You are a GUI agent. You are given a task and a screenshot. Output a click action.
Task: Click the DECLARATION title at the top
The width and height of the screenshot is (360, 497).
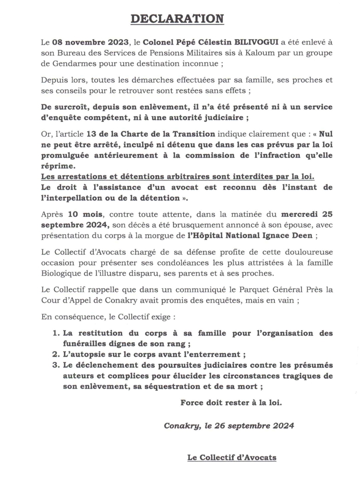[x=177, y=19]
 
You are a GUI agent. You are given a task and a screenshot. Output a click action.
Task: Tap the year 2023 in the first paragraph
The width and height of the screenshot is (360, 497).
[x=119, y=42]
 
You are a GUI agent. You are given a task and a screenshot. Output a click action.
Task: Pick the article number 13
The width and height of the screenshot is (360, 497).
[x=91, y=134]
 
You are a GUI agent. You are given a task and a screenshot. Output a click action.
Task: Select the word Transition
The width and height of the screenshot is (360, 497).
[x=194, y=134]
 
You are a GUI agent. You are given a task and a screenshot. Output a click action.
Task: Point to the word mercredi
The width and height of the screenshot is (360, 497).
[x=298, y=214]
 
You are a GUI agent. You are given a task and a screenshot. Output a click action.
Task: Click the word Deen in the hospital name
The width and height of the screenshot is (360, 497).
[x=302, y=236]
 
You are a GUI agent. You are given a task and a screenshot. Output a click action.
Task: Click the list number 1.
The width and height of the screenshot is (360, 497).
[x=56, y=333]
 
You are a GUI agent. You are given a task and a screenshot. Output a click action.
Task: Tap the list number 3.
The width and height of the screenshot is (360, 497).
[x=56, y=365]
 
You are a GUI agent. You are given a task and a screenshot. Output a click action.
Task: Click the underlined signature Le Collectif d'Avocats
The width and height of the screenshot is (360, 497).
[x=232, y=458]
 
